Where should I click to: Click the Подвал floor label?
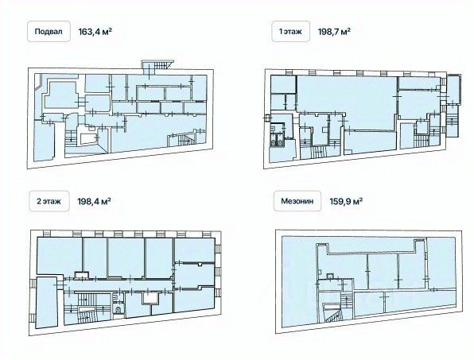tap(49, 32)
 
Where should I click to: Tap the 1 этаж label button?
tap(290, 32)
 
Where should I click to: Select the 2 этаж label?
tap(49, 201)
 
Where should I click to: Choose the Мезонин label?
tap(297, 201)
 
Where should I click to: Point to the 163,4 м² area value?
tap(95, 32)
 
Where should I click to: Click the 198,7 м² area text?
tap(334, 32)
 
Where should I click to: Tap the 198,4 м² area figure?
tap(94, 201)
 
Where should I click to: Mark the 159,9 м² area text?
tap(346, 201)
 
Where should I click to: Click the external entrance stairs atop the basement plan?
tap(158, 64)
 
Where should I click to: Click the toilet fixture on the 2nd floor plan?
tap(117, 309)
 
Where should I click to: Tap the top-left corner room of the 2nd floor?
tap(59, 256)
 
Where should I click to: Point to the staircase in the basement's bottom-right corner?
tap(181, 140)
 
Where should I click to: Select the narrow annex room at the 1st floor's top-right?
tap(453, 90)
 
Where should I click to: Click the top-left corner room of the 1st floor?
tap(283, 84)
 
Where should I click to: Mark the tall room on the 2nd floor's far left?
tap(47, 302)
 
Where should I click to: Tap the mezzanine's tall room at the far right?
tap(441, 263)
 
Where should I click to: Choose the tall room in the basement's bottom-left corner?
tap(44, 141)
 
